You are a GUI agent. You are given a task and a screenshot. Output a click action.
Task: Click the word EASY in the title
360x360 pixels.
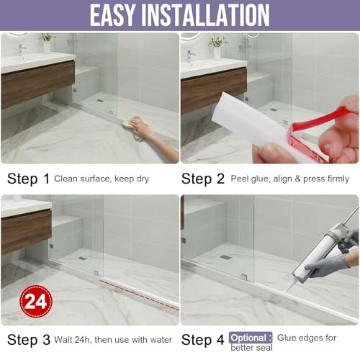(112, 15)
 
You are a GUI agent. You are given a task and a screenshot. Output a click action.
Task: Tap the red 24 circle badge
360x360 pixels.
(36, 301)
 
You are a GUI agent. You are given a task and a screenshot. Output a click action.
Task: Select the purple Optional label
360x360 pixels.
(251, 338)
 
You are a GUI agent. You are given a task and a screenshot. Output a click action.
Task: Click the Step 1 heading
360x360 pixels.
(28, 179)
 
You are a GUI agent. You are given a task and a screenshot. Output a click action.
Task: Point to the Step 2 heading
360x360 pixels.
(203, 179)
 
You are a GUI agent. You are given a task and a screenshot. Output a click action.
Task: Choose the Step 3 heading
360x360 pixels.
(29, 340)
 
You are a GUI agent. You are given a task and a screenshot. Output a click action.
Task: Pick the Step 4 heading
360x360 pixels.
(203, 340)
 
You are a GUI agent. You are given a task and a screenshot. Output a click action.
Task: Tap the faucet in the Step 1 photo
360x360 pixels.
(22, 50)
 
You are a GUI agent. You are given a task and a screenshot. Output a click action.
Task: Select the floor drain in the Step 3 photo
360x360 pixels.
(82, 258)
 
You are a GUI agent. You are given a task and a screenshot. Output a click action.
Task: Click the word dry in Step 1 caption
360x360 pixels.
(143, 179)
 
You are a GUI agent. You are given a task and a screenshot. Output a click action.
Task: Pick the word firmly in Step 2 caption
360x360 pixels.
(338, 179)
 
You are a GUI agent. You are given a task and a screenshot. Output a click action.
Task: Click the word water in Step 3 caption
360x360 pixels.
(161, 340)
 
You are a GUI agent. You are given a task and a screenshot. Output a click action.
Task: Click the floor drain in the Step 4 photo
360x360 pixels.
(225, 257)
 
